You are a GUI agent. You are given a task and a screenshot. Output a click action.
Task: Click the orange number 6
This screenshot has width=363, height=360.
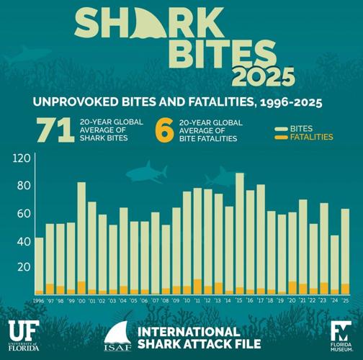click(x=163, y=130)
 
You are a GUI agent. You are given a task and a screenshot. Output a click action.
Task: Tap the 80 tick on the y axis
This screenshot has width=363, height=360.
click(x=23, y=186)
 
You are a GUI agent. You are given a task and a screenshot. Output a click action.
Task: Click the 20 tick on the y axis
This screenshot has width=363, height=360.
click(x=23, y=267)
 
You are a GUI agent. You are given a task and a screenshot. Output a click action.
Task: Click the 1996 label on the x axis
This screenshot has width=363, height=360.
click(x=39, y=302)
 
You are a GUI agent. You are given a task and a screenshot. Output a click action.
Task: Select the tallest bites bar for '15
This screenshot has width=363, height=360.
click(x=240, y=230)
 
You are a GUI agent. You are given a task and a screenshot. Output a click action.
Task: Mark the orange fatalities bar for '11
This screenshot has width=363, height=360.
click(x=197, y=287)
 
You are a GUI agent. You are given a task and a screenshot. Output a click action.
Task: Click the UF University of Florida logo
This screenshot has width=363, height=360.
click(x=25, y=333)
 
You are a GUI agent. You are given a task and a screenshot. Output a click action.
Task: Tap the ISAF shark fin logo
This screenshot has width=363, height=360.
click(x=118, y=336)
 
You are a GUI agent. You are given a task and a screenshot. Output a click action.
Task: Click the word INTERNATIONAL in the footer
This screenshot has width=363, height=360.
click(x=189, y=332)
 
